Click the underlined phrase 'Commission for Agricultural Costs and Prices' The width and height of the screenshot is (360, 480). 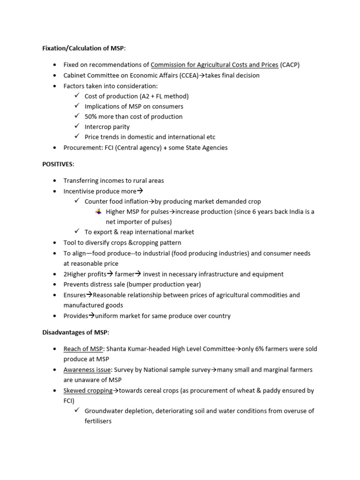click(x=214, y=65)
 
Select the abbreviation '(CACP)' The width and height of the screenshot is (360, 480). click(x=290, y=65)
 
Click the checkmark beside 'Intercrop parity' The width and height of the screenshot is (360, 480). click(x=77, y=127)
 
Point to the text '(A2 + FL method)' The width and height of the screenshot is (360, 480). click(x=160, y=96)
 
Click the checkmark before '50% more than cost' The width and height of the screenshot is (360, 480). click(x=77, y=116)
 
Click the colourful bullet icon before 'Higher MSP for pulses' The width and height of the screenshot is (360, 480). click(x=98, y=211)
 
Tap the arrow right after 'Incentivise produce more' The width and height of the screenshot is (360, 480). click(x=140, y=191)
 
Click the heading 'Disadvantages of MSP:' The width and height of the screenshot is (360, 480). click(x=75, y=332)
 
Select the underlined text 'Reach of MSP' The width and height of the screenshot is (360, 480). click(x=83, y=349)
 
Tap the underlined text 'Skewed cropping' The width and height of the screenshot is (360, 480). click(x=88, y=390)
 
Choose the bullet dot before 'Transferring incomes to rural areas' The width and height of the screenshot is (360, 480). click(x=55, y=180)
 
